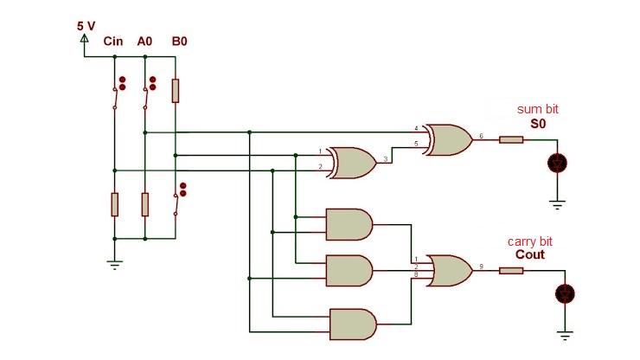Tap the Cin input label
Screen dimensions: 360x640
click(112, 41)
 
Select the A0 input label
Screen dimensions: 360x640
click(144, 41)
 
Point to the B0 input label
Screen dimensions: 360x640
click(179, 41)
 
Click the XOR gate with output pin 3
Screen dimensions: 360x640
click(349, 162)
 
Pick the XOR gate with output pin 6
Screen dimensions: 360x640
click(446, 138)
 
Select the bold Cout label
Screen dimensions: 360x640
click(532, 255)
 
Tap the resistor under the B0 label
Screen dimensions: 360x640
click(176, 90)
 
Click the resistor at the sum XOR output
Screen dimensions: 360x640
click(511, 138)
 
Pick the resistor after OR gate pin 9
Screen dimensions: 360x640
click(511, 270)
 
